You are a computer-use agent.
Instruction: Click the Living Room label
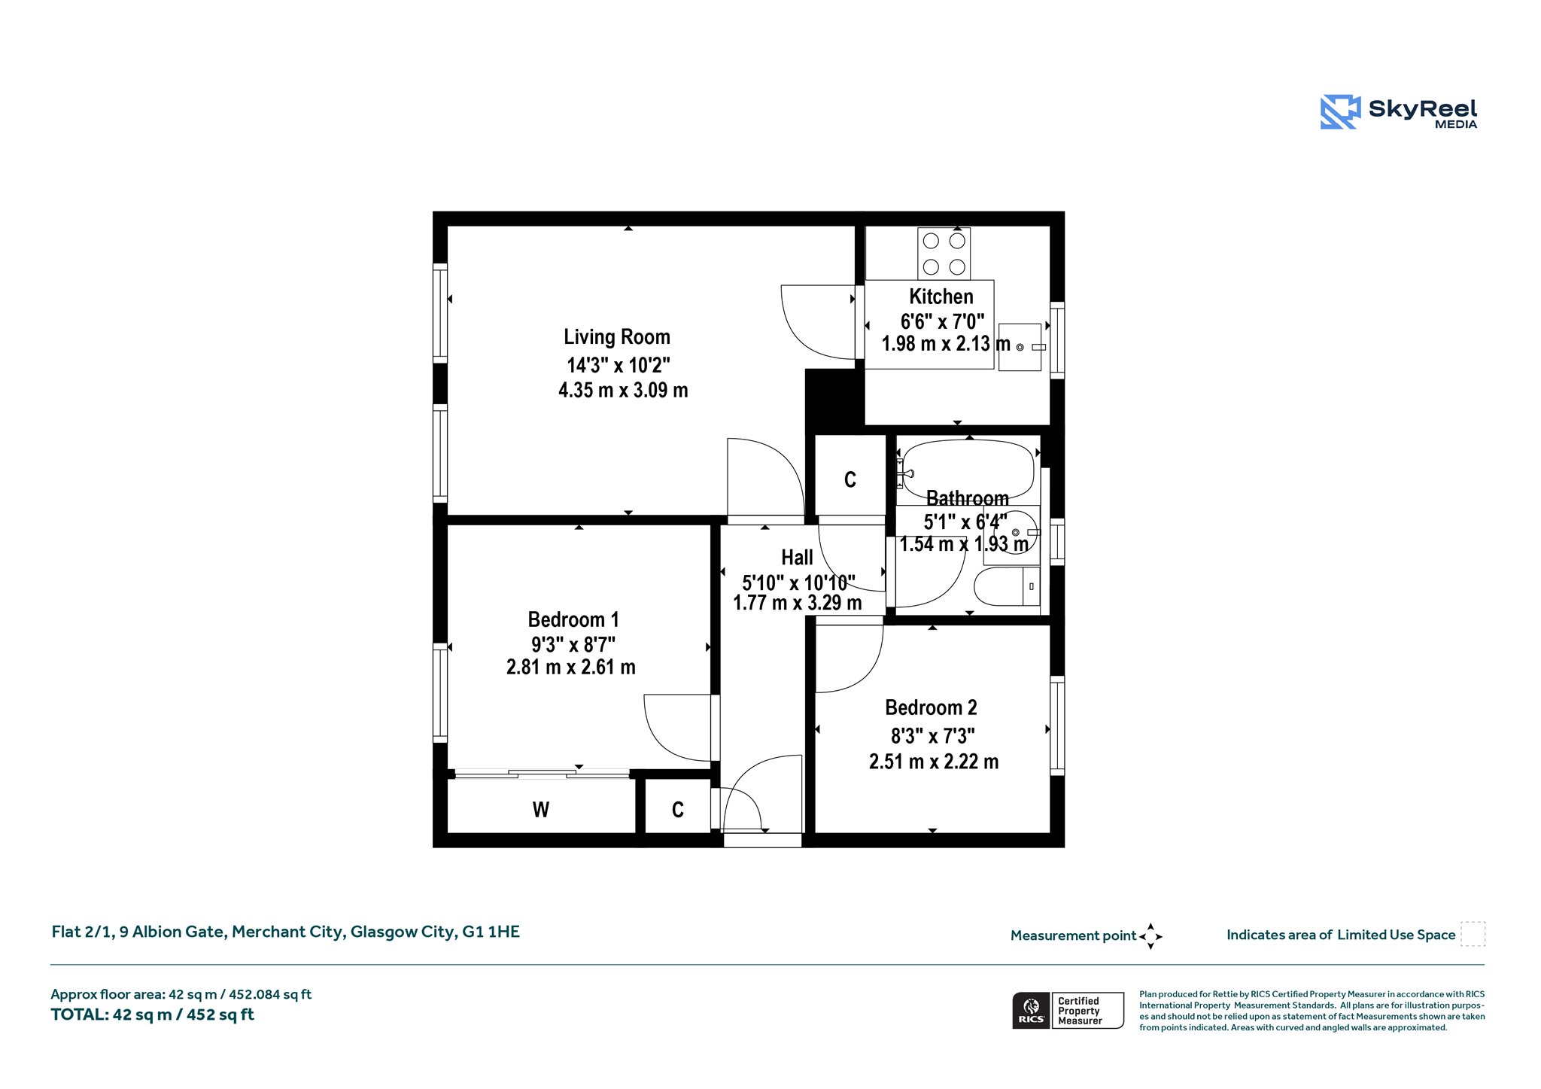pos(617,337)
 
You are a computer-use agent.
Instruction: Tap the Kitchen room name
pos(941,297)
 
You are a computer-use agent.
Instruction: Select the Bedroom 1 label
pos(573,620)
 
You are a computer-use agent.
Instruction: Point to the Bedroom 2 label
pos(931,707)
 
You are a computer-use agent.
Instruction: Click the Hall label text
pos(797,558)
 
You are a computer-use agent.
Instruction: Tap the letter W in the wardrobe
pos(541,810)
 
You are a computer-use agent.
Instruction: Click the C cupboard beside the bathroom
pos(850,480)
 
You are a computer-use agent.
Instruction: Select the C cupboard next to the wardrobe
pos(678,810)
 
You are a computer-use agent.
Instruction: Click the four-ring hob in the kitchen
pos(944,254)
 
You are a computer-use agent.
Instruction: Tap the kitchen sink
pos(1020,347)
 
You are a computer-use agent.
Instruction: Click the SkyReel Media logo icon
pos(1340,112)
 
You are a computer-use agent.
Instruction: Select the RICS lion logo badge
pos(1032,1010)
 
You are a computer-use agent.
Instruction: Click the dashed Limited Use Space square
pos(1473,934)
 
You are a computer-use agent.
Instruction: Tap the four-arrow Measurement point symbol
pos(1150,936)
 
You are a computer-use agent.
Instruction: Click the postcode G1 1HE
pos(491,932)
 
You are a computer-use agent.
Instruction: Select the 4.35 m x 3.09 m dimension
pos(623,390)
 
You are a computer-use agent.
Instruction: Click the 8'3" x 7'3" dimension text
pos(933,735)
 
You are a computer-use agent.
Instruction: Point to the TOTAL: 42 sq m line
pos(153,1014)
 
